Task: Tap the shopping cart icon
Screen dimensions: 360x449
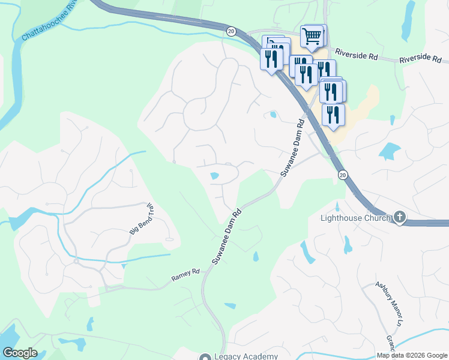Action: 312,37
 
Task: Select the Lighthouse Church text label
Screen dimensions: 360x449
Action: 355,218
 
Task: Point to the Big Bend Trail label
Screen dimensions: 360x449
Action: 142,219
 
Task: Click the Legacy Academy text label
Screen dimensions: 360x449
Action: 245,357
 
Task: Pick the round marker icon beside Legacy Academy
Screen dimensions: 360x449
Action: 205,357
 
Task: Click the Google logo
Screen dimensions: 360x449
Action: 19,353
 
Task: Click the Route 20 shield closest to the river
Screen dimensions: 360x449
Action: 231,30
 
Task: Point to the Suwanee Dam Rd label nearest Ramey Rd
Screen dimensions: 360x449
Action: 227,236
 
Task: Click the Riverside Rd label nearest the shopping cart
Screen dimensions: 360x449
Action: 357,55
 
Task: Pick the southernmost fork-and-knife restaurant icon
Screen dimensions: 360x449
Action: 333,115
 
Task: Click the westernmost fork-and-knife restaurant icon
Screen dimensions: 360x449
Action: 271,58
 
